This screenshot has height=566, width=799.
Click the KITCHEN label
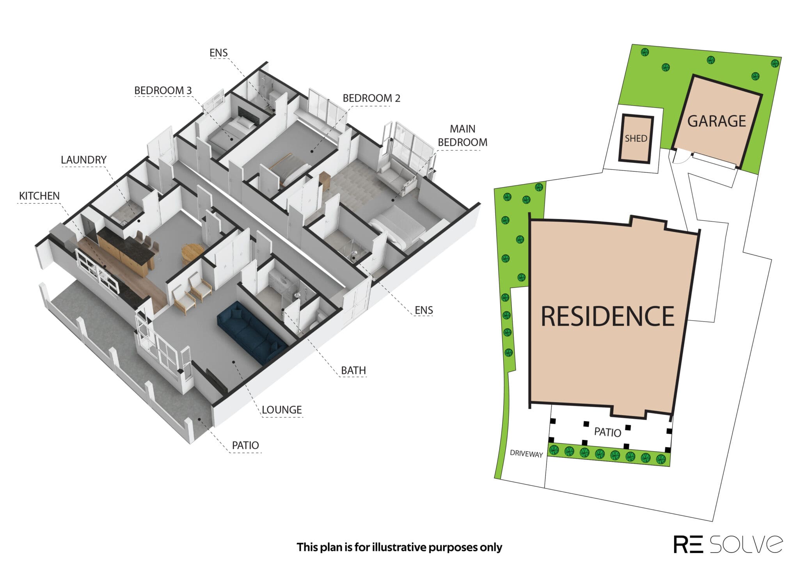(39, 196)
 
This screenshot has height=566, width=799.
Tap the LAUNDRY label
(83, 160)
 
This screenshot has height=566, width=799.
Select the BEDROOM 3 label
(163, 90)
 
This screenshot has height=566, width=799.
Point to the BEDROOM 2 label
(371, 98)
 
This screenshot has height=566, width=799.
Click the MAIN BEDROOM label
(463, 136)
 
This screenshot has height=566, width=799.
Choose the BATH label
(353, 370)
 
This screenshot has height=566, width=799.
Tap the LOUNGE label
(282, 410)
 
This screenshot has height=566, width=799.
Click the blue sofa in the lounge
(250, 332)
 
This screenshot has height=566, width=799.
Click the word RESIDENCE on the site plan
(607, 316)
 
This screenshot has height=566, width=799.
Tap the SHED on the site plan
(636, 138)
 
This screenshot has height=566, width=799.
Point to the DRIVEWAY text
(527, 454)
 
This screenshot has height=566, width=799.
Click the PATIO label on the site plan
(607, 432)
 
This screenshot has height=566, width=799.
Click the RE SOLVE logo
(728, 544)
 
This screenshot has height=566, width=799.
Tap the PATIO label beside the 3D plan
(245, 445)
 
